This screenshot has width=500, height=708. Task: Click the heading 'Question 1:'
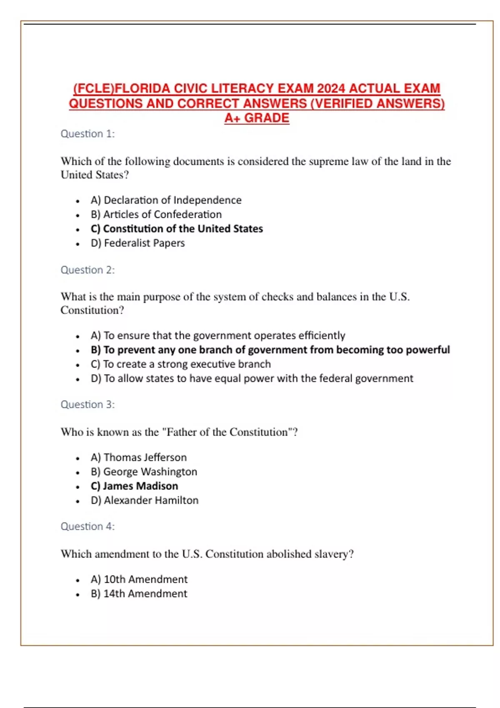(x=87, y=134)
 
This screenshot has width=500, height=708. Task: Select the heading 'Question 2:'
(x=87, y=270)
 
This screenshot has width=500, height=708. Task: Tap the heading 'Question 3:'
(x=87, y=404)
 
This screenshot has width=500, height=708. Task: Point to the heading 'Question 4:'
(x=87, y=526)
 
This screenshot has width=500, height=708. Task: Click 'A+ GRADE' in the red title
(x=257, y=118)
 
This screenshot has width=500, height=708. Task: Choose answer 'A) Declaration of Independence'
(x=166, y=200)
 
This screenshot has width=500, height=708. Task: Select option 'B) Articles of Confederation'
(x=156, y=214)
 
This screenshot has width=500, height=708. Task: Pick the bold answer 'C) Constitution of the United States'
(x=177, y=229)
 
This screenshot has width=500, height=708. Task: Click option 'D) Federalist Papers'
(x=137, y=243)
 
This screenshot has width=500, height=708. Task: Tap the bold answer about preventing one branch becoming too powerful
(x=270, y=350)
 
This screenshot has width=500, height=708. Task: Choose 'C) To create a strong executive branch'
(x=180, y=364)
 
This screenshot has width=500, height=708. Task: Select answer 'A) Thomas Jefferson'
(x=138, y=457)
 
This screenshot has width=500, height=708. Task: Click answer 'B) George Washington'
(x=144, y=472)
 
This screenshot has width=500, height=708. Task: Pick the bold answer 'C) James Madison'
(x=134, y=486)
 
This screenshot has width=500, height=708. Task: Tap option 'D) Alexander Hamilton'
(x=144, y=500)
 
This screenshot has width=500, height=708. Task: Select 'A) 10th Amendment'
(x=139, y=579)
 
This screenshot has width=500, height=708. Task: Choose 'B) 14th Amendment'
(x=139, y=593)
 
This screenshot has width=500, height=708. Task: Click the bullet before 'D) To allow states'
(x=78, y=379)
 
